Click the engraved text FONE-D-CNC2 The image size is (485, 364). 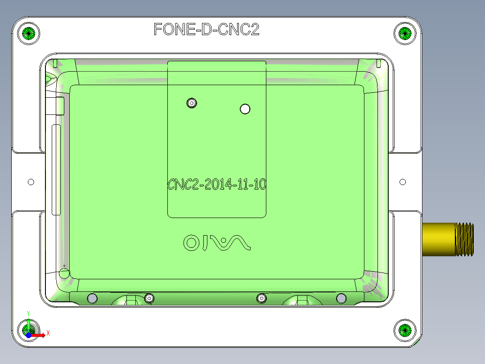[x=207, y=30]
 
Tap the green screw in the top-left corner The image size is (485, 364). [x=28, y=33]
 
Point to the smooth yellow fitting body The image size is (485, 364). [x=439, y=239]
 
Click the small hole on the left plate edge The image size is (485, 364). [x=31, y=182]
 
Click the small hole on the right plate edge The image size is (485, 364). [x=403, y=182]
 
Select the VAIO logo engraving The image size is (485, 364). [x=216, y=243]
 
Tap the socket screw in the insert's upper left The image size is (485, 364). [x=192, y=103]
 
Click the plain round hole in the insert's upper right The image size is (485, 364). [x=245, y=109]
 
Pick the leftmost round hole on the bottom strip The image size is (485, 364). [x=92, y=298]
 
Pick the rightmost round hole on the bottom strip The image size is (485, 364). [x=341, y=298]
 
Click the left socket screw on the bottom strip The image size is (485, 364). [x=149, y=298]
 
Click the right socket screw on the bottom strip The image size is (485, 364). [x=261, y=298]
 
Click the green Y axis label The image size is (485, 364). [x=28, y=313]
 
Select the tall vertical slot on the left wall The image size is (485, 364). [x=56, y=170]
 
